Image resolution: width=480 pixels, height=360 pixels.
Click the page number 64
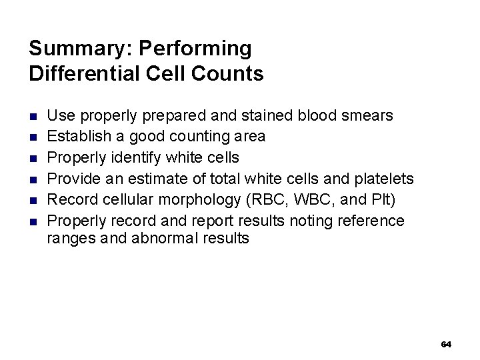click(446, 345)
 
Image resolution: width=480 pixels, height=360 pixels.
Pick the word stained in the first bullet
click(264, 115)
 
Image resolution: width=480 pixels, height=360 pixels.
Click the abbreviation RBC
click(273, 199)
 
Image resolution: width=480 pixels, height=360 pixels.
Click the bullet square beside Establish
click(33, 137)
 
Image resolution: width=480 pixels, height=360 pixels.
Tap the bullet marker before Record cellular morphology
click(33, 200)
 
